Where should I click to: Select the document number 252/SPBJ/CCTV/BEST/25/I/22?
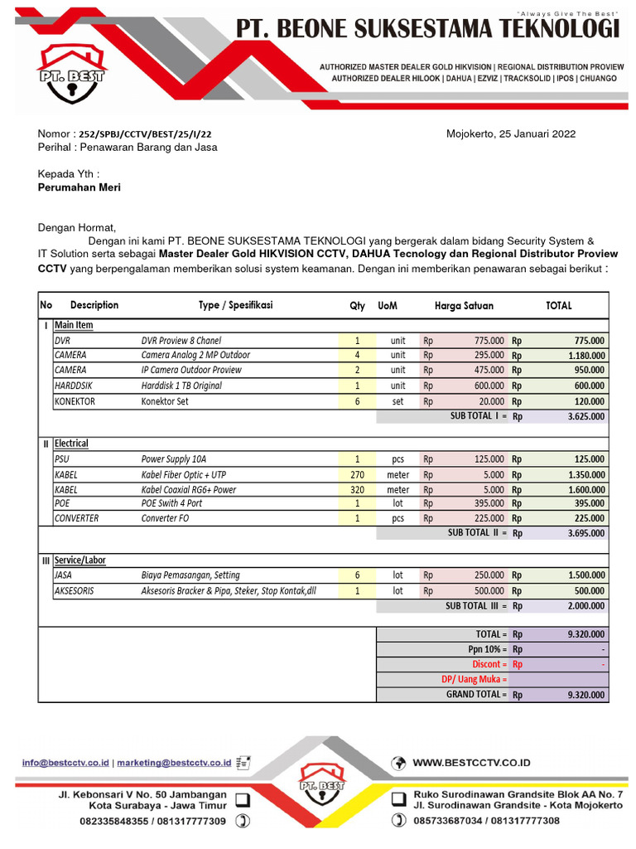pyautogui.click(x=149, y=133)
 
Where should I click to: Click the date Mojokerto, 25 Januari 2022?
pyautogui.click(x=511, y=133)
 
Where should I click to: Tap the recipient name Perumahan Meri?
pyautogui.click(x=79, y=187)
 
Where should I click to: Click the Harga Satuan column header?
pyautogui.click(x=464, y=306)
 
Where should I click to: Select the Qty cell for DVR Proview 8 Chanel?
pyautogui.click(x=357, y=341)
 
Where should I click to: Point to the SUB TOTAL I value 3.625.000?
pyautogui.click(x=585, y=416)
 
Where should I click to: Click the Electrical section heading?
pyautogui.click(x=71, y=444)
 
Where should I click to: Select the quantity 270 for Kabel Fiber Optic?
pyautogui.click(x=357, y=475)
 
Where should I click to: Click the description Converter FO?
pyautogui.click(x=166, y=518)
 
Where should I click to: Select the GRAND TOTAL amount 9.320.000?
pyautogui.click(x=585, y=695)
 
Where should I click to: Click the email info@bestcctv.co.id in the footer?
pyautogui.click(x=65, y=762)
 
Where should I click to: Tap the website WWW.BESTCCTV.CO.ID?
pyautogui.click(x=471, y=763)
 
